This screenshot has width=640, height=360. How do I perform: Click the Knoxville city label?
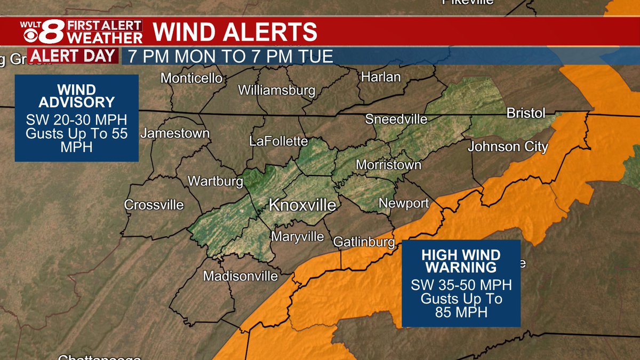click(x=302, y=205)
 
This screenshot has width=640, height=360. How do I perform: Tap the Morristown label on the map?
click(x=388, y=165)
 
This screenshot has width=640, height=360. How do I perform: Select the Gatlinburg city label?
click(x=364, y=242)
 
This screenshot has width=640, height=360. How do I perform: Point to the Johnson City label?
click(x=508, y=147)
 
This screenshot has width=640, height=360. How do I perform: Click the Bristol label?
click(x=525, y=114)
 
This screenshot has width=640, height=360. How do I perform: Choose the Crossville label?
click(x=154, y=205)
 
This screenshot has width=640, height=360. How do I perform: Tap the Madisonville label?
click(x=241, y=276)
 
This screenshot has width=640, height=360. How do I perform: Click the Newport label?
click(x=404, y=203)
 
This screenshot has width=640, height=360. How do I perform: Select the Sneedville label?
click(x=396, y=119)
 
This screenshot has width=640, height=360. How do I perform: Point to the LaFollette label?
click(x=278, y=141)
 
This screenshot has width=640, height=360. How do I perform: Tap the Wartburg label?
click(x=215, y=181)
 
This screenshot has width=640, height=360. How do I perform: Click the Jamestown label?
click(x=175, y=133)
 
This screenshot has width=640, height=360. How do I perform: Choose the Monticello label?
click(x=191, y=78)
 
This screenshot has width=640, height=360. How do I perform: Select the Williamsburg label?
click(x=276, y=90)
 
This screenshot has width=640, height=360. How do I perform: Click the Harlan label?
click(x=381, y=77)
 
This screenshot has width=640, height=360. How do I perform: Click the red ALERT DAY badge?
click(x=73, y=55)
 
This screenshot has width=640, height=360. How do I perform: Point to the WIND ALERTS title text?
click(x=235, y=33)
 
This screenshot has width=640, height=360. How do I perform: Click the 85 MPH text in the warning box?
click(x=461, y=312)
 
